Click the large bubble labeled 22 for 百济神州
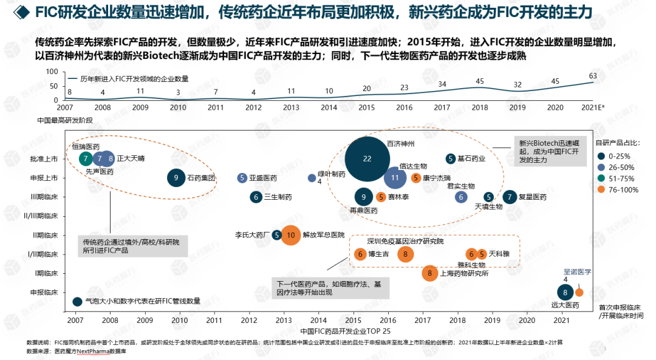tap(367, 159)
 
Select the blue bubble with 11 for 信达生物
tap(395, 178)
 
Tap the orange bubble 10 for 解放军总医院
tap(291, 235)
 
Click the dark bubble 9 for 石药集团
tap(176, 178)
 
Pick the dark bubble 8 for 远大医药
tap(565, 292)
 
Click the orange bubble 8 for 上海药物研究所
tap(429, 274)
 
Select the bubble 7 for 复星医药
tap(510, 197)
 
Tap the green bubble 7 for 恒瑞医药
tap(86, 159)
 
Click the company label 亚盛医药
tap(262, 178)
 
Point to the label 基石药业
tap(472, 159)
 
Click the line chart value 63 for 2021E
tap(593, 76)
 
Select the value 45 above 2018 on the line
tap(480, 81)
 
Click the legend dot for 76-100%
tap(600, 189)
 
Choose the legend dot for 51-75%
tap(600, 178)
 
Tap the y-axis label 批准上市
tap(45, 159)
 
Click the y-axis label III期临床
tap(45, 197)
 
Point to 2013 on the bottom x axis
tap(284, 320)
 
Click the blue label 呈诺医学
tap(578, 271)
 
